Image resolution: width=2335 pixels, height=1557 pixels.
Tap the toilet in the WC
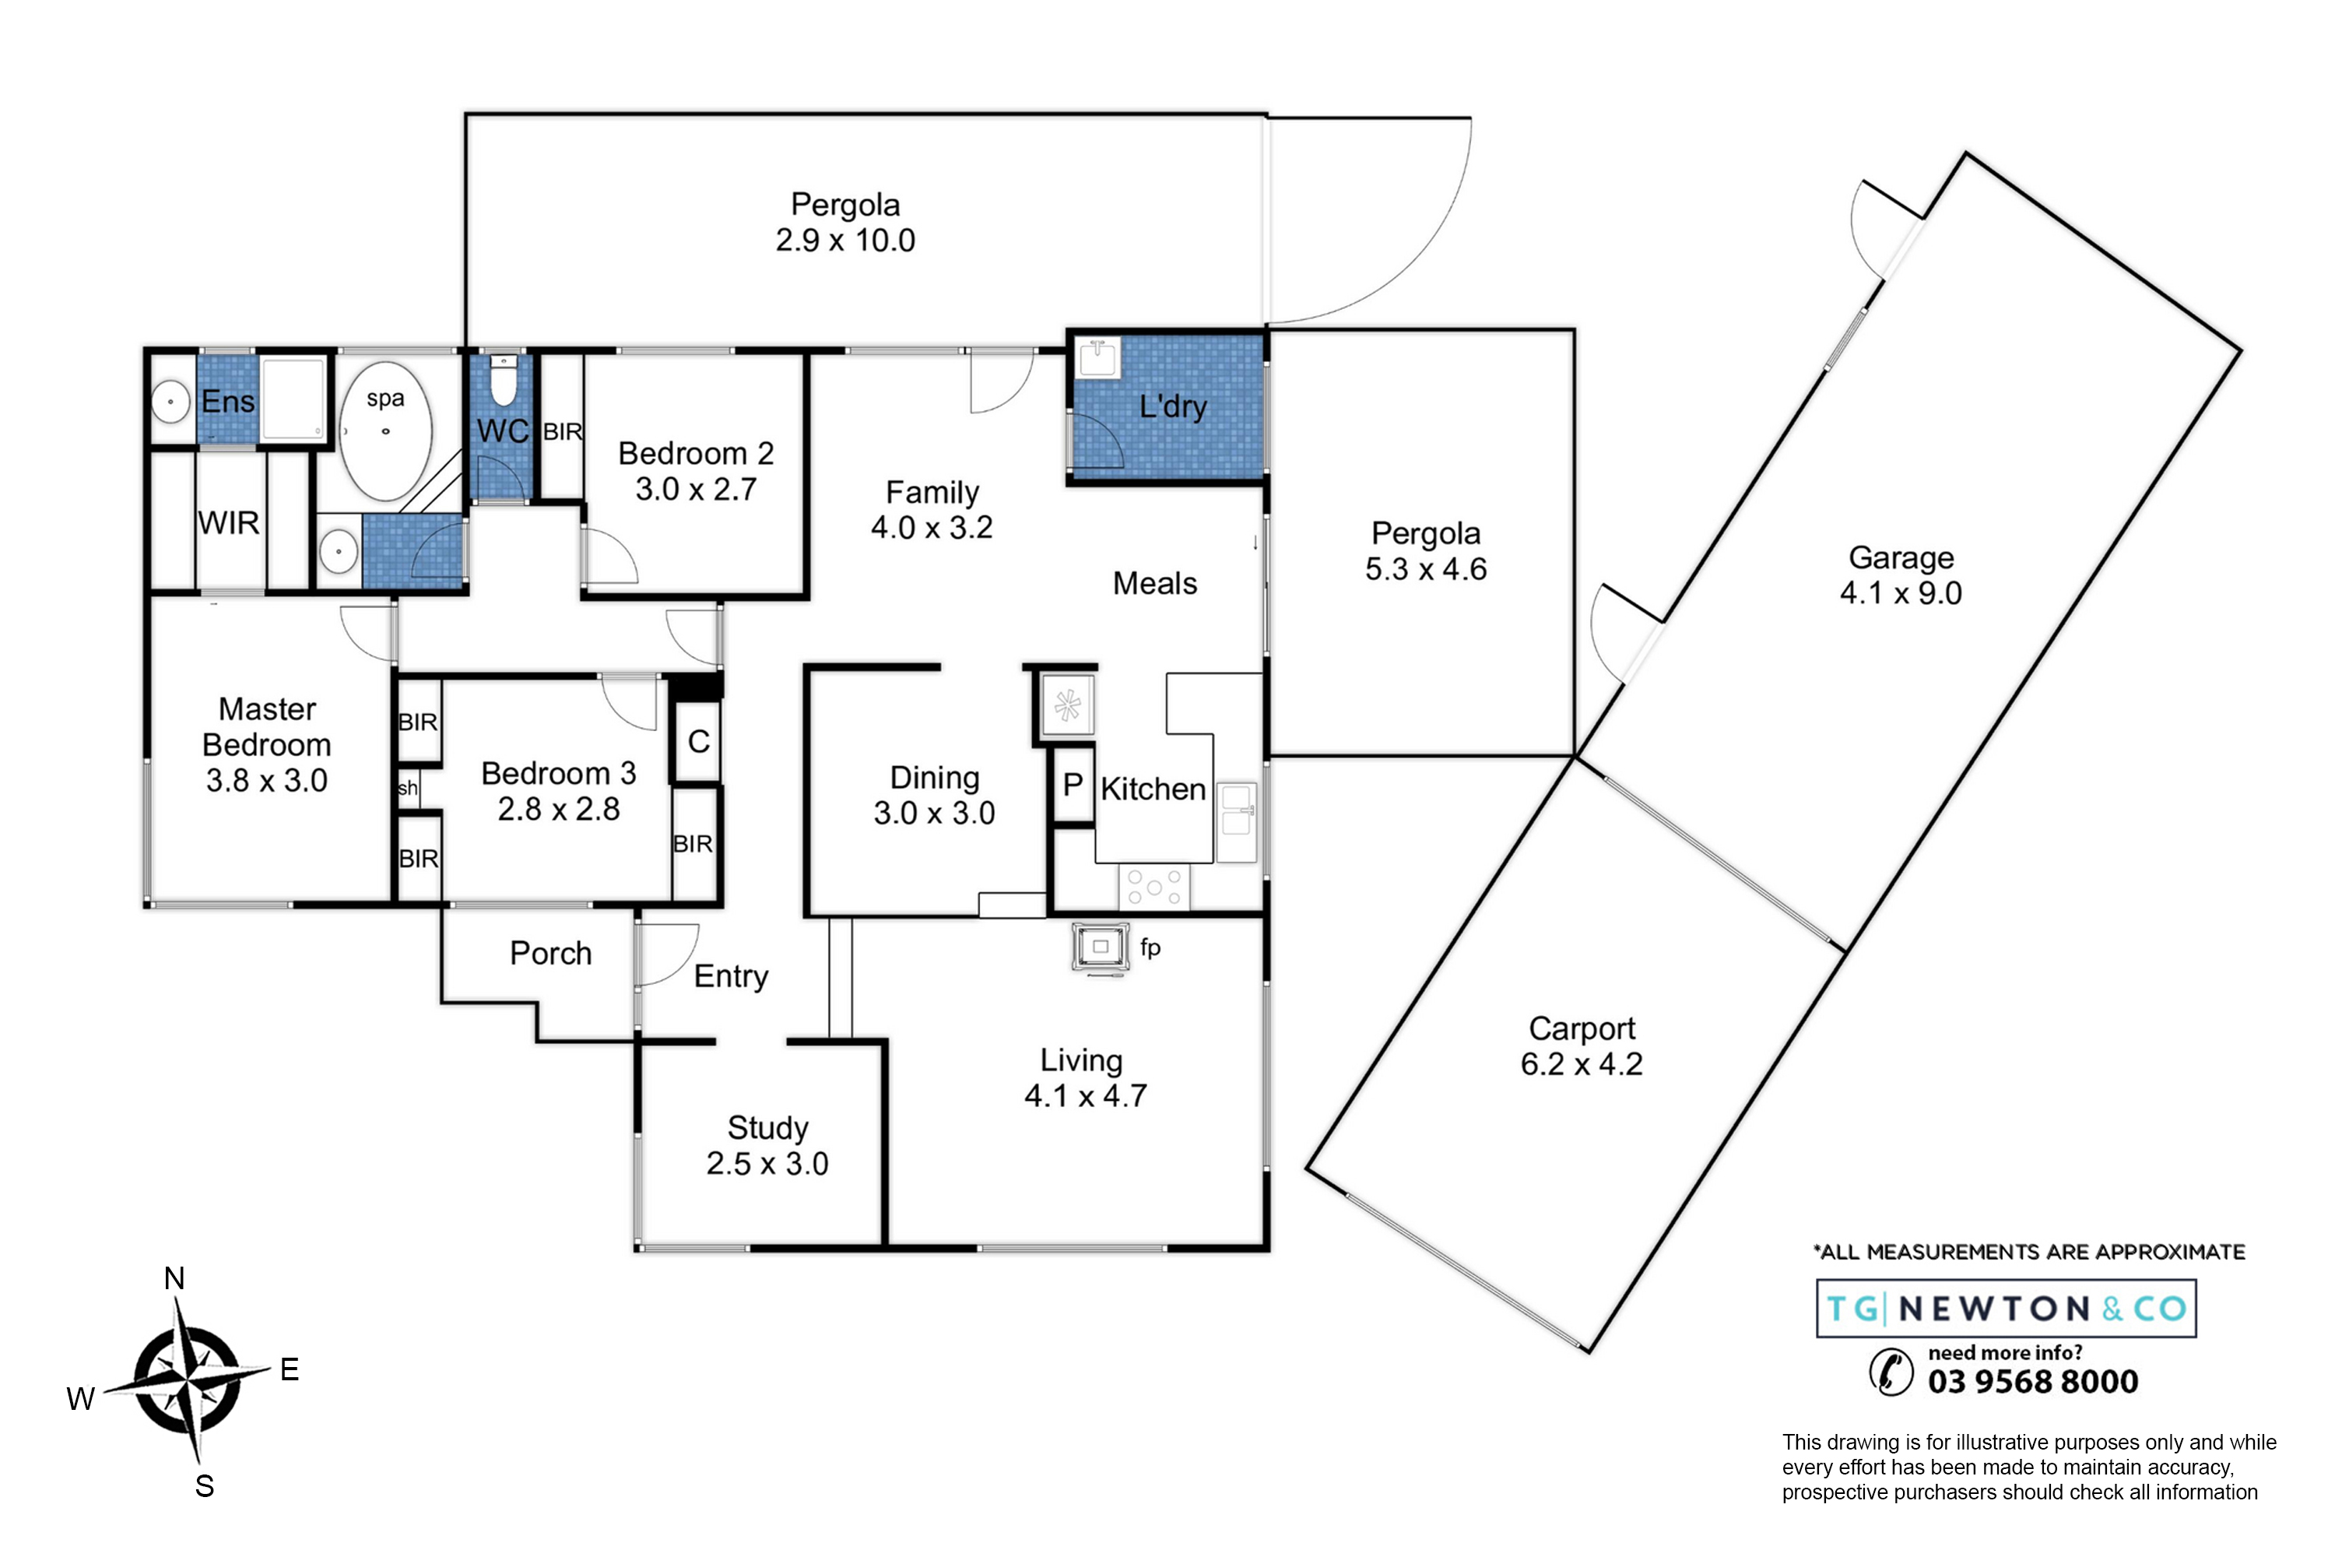tap(504, 381)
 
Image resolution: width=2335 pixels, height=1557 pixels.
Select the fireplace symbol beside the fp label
tap(1101, 947)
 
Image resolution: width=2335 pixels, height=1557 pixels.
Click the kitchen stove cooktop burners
tap(1153, 887)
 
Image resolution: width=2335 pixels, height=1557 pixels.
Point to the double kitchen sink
tap(1237, 822)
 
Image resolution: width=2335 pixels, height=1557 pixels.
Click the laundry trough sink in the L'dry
tap(1098, 357)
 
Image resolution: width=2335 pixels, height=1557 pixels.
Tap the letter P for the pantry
tap(1073, 785)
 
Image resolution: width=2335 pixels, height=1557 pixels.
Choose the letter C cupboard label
tap(698, 742)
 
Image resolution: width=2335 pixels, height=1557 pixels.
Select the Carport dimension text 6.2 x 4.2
tap(1582, 1064)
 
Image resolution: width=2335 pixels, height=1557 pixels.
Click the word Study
tap(767, 1128)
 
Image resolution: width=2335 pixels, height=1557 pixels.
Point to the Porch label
tap(551, 953)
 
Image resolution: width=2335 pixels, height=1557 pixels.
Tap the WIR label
tap(228, 522)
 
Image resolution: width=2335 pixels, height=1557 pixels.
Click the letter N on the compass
tap(174, 1279)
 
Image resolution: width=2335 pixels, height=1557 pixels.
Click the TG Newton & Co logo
tap(2007, 1309)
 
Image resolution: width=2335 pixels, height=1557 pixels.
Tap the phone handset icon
tap(1891, 1373)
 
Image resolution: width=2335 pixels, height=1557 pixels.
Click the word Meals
tap(1154, 584)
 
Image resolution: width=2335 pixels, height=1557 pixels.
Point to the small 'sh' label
tap(408, 789)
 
